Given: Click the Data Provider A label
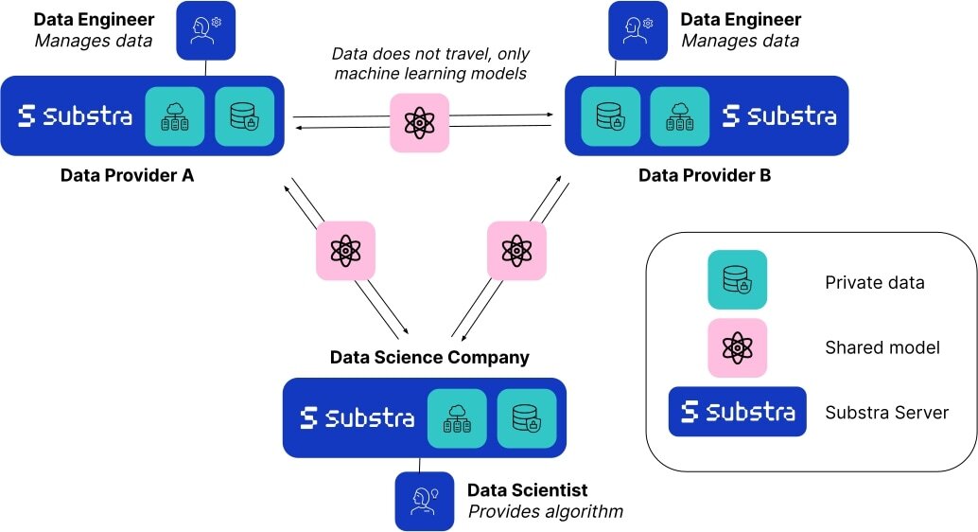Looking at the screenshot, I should [127, 175].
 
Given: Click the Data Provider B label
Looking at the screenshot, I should [705, 175].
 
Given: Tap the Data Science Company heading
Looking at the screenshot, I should [429, 358].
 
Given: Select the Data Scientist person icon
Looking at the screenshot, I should [424, 501].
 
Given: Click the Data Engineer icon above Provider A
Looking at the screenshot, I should [206, 30].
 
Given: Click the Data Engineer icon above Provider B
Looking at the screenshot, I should [637, 30].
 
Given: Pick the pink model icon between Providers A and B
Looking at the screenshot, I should [419, 122].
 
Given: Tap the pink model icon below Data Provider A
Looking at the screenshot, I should [345, 251].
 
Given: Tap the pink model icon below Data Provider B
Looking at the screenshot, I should [517, 251].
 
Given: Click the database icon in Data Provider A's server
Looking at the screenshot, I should [244, 116].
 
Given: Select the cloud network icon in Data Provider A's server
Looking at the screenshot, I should [174, 116].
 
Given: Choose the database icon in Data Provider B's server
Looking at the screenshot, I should [610, 116].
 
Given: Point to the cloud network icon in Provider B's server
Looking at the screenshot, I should [680, 116].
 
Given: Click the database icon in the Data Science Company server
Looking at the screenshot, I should [527, 417].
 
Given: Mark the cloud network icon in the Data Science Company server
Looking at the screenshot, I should [457, 417].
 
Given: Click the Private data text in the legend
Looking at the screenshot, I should [875, 282].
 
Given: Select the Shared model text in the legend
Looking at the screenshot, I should [882, 347].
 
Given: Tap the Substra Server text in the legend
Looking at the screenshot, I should [886, 412].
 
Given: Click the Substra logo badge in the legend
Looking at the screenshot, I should [737, 412].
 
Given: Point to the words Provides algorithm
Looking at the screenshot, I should [546, 512].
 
